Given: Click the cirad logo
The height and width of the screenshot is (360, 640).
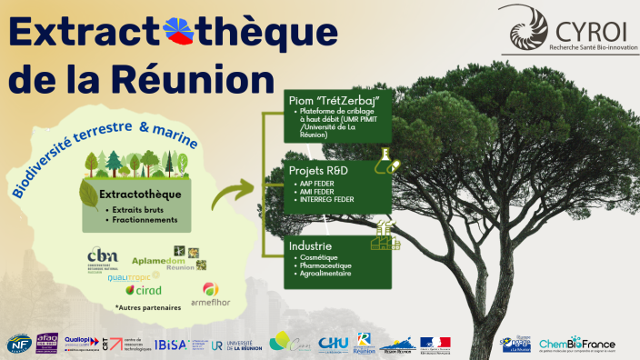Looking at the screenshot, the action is [143, 291].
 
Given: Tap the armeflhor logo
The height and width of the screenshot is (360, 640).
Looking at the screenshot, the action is [210, 293].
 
